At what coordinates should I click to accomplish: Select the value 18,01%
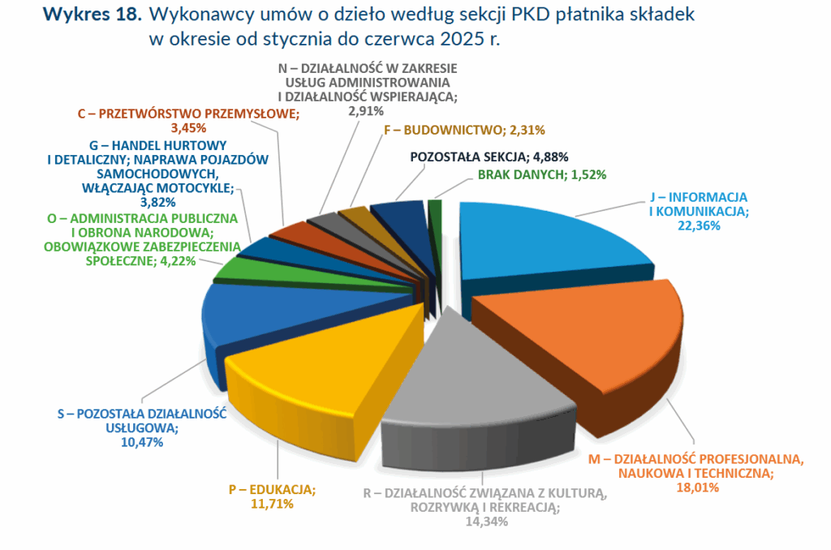click(696, 488)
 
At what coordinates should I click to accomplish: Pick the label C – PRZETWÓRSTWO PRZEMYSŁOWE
click(188, 114)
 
